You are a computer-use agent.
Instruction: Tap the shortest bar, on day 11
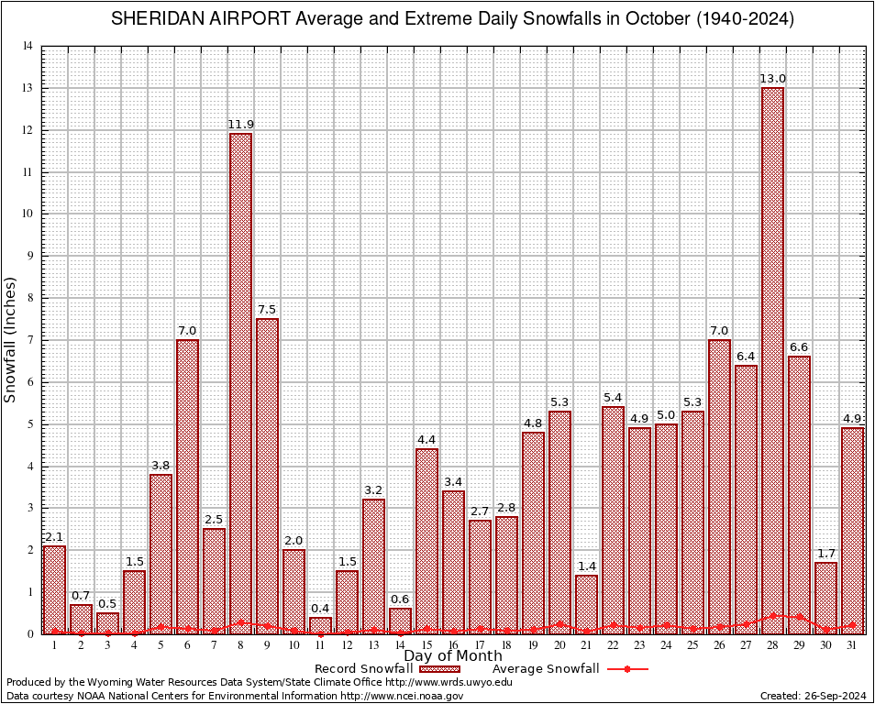[x=320, y=625]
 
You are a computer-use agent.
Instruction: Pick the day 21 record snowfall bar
[x=586, y=604]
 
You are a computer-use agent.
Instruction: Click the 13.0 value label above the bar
[x=772, y=79]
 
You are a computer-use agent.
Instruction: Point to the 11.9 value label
[x=240, y=124]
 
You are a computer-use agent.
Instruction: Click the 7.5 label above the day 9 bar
[x=267, y=309]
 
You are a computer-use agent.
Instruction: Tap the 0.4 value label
[x=320, y=607]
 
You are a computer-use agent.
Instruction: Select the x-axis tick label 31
[x=852, y=645]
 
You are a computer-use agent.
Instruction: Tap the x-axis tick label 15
[x=426, y=645]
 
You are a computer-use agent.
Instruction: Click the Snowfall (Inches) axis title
[x=11, y=339]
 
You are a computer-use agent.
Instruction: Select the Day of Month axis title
[x=452, y=656]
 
